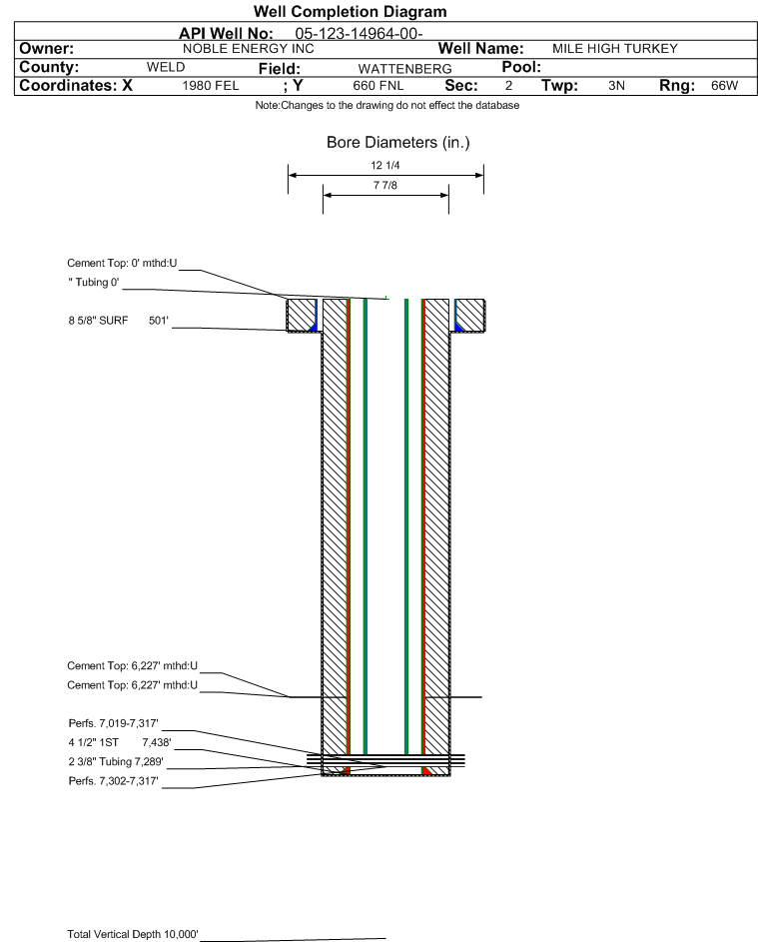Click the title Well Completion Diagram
point(351,11)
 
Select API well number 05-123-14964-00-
point(359,34)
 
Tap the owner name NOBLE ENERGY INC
point(248,49)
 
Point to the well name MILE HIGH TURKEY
point(614,49)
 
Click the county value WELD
point(166,67)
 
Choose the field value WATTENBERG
point(404,69)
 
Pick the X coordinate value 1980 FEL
point(210,85)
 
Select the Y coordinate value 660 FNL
point(379,85)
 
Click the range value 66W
point(724,85)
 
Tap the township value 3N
point(616,85)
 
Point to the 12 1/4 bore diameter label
point(385,165)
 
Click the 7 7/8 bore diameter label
point(385,185)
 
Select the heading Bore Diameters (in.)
point(397,143)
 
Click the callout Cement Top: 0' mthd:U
point(122,263)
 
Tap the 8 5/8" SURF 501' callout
point(118,321)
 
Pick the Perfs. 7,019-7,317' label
point(113,723)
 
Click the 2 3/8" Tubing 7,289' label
point(115,762)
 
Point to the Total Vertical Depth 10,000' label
point(132,934)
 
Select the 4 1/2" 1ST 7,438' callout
point(120,742)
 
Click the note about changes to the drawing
point(387,105)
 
